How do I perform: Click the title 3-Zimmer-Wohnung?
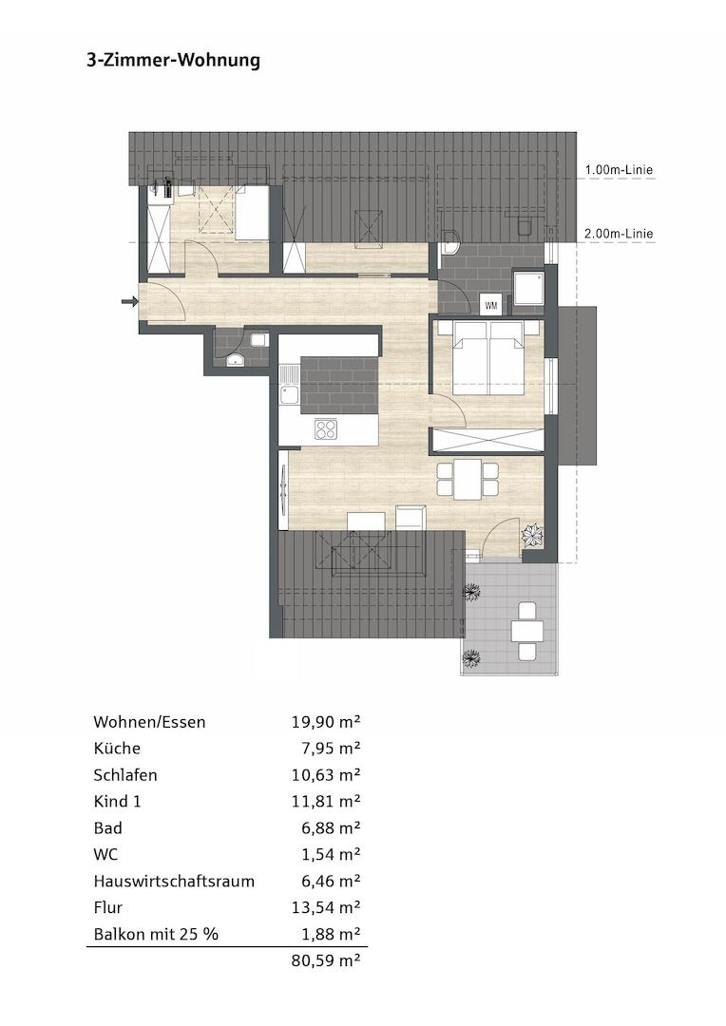click(173, 61)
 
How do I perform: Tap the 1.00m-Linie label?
click(619, 170)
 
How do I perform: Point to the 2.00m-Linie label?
click(619, 234)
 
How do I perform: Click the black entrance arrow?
click(129, 302)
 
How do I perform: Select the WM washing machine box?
click(491, 305)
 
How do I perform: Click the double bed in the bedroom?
click(488, 357)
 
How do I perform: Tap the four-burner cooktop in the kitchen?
click(326, 429)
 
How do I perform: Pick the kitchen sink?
click(289, 394)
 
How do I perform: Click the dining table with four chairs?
click(468, 479)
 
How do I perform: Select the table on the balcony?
click(526, 630)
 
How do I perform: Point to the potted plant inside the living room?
click(532, 536)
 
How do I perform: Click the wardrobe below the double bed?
click(487, 441)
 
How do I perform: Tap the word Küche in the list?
click(117, 749)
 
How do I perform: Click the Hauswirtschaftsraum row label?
click(174, 881)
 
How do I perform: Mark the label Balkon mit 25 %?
click(156, 934)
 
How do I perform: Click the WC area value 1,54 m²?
click(330, 854)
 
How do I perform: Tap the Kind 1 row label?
click(118, 801)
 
